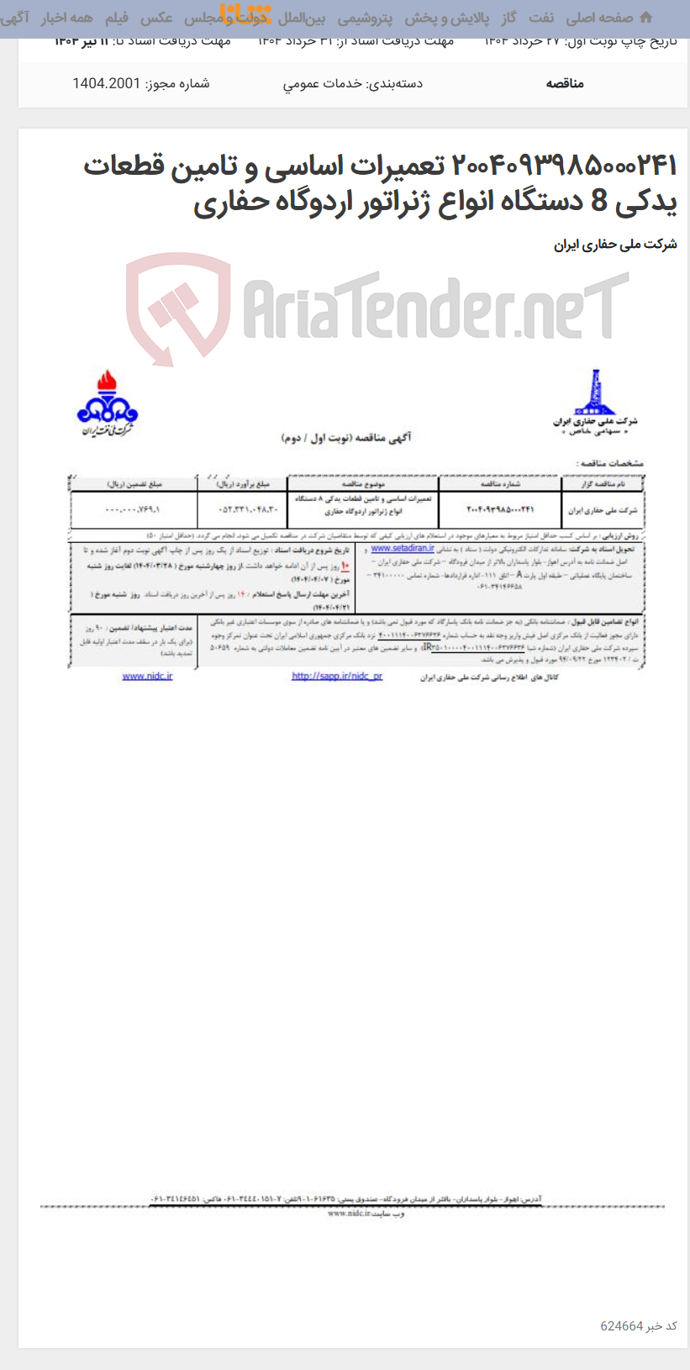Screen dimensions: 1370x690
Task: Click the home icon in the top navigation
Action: pos(645,18)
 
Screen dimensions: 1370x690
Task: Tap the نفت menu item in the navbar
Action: pos(540,18)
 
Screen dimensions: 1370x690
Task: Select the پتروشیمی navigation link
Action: pos(365,18)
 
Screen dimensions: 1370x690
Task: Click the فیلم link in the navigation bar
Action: pos(116,18)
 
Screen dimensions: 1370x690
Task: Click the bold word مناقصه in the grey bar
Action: pos(565,83)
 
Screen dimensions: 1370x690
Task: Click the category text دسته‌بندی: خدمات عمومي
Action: pos(352,83)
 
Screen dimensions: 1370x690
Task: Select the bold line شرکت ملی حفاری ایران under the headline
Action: pos(615,245)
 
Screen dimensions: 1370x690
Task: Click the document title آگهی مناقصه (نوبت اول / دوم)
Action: pos(346,438)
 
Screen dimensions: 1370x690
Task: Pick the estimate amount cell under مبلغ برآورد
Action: pos(242,509)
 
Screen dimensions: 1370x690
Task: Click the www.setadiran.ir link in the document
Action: pos(403,548)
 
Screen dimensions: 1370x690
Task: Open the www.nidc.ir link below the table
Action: pos(147,676)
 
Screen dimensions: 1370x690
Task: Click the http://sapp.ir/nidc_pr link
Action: pos(337,676)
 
